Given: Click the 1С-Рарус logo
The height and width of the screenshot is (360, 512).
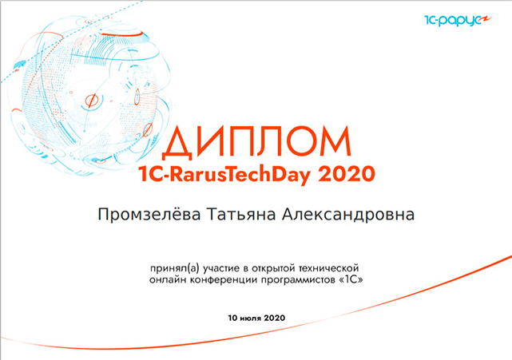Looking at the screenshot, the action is click(458, 20).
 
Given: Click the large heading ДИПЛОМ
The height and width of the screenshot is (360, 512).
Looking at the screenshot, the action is click(256, 141).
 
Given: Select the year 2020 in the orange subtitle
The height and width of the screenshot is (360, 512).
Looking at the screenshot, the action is click(346, 174).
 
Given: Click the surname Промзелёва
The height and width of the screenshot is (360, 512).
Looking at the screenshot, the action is click(149, 215).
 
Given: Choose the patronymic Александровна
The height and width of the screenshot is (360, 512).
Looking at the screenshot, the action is click(347, 215).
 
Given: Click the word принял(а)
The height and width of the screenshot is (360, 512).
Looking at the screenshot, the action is click(175, 268).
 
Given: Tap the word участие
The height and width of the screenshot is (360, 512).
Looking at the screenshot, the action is click(221, 268).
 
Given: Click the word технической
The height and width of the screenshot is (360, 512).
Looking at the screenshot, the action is click(329, 268).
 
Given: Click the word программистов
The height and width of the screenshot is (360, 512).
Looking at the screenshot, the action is click(299, 280).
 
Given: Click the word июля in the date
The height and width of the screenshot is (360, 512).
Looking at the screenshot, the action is click(251, 318).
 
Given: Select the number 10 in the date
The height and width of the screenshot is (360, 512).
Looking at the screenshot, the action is click(232, 318).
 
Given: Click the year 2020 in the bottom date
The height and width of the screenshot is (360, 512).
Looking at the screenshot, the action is click(275, 318).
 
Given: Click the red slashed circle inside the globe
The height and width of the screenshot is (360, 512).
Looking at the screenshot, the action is click(91, 101).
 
